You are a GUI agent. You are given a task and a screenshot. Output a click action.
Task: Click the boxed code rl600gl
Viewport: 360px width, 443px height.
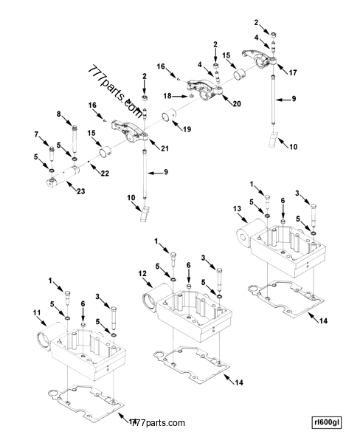(x=328, y=422)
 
